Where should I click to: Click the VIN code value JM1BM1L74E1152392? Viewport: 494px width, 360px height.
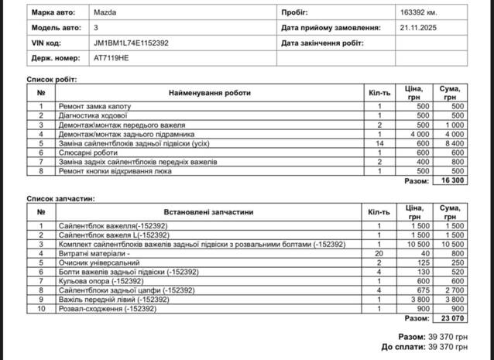click(x=130, y=43)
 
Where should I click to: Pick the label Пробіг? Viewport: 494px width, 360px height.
click(x=294, y=13)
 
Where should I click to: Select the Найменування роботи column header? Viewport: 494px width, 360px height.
click(x=210, y=93)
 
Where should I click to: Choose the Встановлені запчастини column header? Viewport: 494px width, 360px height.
click(x=210, y=212)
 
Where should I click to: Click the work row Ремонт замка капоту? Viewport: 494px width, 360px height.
click(x=95, y=106)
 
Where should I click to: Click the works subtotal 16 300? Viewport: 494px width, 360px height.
click(x=451, y=181)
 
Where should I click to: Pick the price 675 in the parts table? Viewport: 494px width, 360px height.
click(x=422, y=290)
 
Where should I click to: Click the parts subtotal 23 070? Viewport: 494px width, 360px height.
click(x=451, y=318)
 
